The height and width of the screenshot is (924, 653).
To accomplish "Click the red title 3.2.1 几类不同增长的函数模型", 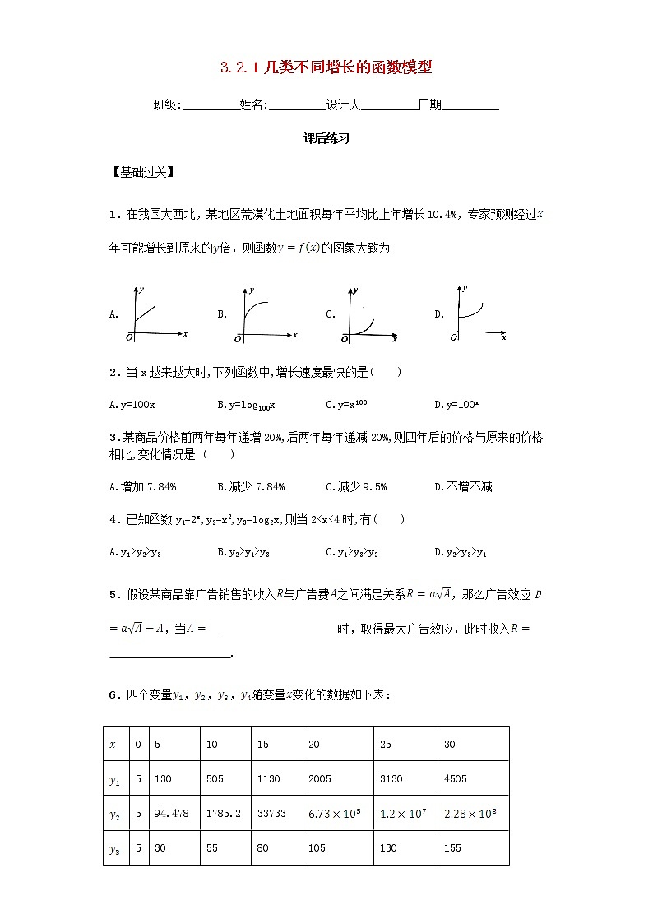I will pos(326,68).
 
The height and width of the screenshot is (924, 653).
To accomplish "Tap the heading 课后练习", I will pos(326,139).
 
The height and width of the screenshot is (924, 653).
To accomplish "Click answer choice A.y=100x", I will pos(132,405).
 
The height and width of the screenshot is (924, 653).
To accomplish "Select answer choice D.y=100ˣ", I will pos(457,405).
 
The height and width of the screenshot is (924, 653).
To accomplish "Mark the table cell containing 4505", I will pos(473,778).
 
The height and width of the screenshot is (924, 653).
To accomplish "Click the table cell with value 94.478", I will pos(174,813).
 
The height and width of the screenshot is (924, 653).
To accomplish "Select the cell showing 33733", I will pos(277,813).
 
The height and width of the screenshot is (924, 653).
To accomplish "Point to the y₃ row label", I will pos(114,848).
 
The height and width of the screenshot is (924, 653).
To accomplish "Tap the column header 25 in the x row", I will pos(405,744).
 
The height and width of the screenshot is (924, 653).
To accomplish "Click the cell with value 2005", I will pos(337,778).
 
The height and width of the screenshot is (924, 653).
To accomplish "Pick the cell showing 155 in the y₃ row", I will pos(473,847).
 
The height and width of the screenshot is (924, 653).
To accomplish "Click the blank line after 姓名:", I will pos(297,105).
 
